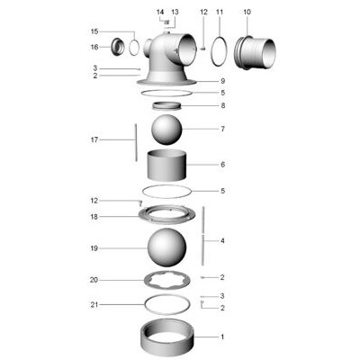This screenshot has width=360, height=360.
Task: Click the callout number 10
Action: pos(247,12)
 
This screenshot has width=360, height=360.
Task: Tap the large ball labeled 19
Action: pos(166,247)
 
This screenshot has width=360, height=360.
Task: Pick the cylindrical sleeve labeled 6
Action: pos(167,165)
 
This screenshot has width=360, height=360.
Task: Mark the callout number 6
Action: pos(222,165)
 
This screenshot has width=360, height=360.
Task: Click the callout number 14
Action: pos(160,12)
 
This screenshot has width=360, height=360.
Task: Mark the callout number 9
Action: pos(222,81)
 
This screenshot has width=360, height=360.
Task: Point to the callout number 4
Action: pos(222,240)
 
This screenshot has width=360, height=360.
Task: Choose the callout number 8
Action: pos(222,105)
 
